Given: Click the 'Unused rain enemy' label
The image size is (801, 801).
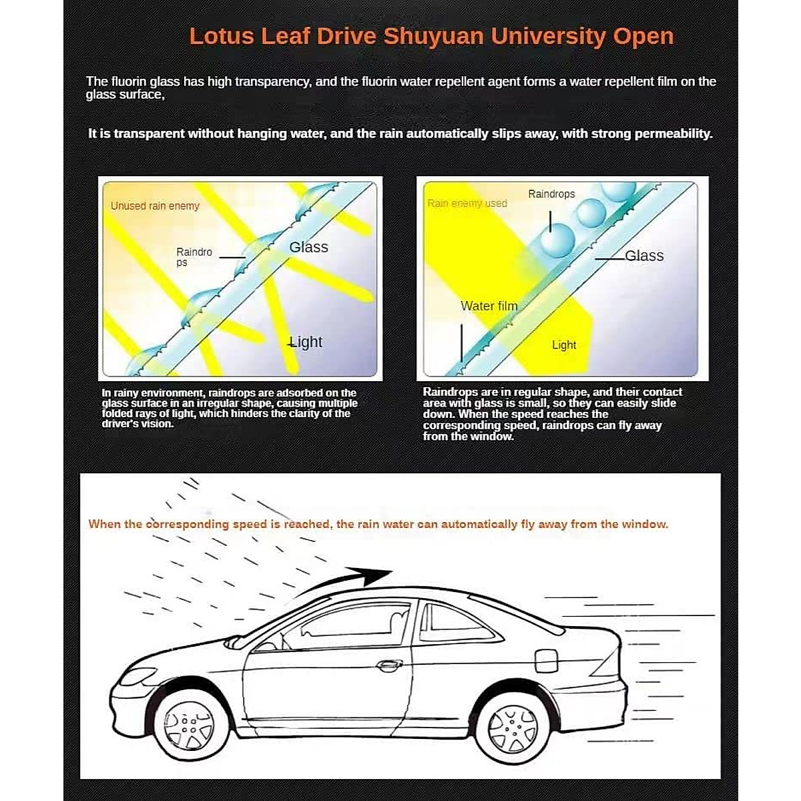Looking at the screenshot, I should (x=155, y=206).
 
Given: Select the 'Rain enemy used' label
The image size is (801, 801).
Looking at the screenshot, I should (x=467, y=203).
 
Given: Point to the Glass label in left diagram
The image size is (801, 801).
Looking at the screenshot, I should (x=308, y=247).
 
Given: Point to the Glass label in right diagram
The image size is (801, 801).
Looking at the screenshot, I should (x=643, y=256).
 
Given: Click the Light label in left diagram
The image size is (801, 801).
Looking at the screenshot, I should (x=306, y=342).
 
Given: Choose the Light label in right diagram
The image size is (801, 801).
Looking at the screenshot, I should (x=563, y=345).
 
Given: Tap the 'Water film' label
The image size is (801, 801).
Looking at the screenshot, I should (x=489, y=306).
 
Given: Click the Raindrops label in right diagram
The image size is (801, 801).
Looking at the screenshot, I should (x=551, y=194).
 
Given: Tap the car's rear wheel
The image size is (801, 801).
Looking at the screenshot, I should (x=513, y=727).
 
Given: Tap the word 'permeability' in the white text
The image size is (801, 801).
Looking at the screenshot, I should (x=673, y=133).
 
